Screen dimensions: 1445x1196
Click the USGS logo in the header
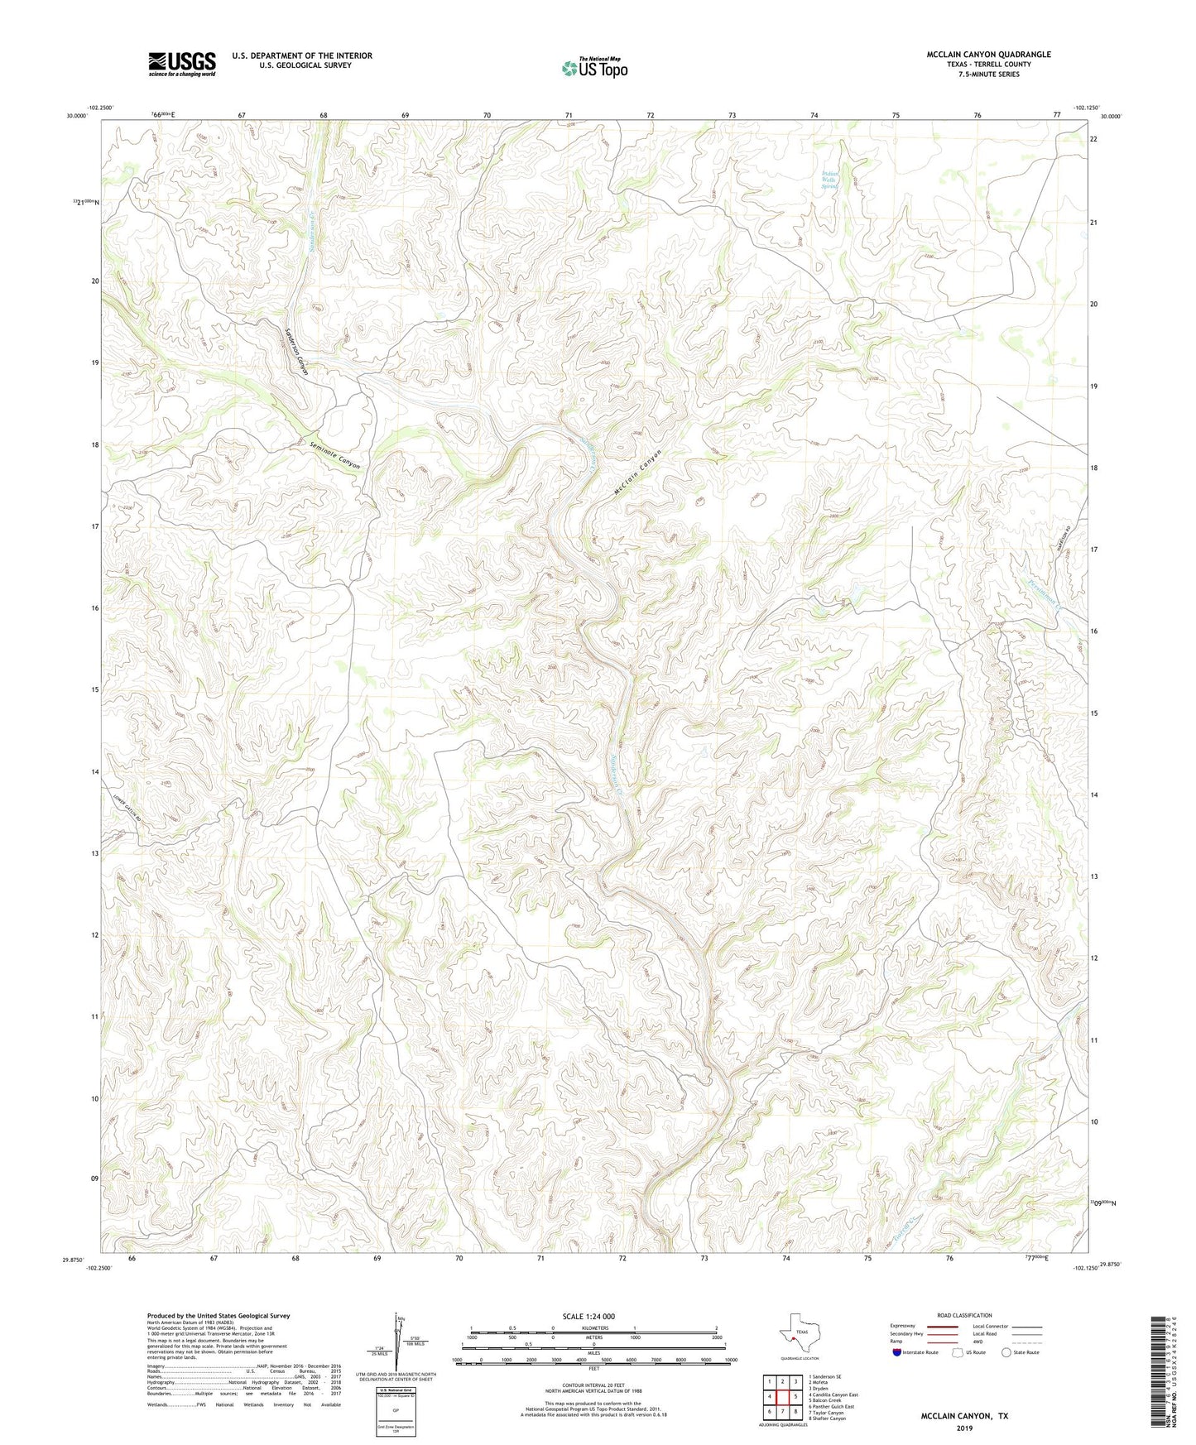click(x=182, y=64)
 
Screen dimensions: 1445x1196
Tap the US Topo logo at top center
click(x=593, y=68)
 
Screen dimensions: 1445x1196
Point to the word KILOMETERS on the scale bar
click(x=593, y=1328)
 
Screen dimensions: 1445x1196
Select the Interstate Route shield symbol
click(x=898, y=1353)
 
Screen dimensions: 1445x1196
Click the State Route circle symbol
click(x=1006, y=1353)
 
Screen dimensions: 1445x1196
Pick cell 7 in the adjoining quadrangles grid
click(x=782, y=1412)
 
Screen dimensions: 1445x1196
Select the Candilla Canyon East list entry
click(x=833, y=1395)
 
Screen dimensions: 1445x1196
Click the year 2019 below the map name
click(x=964, y=1428)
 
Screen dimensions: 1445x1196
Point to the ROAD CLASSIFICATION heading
click(x=964, y=1315)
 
